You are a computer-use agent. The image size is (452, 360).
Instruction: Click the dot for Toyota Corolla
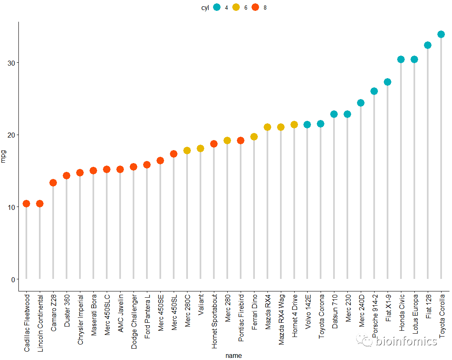pos(441,34)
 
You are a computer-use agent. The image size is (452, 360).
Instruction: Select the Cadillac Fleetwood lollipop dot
pos(26,204)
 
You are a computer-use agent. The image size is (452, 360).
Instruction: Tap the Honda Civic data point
pos(401,59)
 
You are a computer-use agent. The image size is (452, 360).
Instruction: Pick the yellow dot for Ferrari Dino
pos(254,137)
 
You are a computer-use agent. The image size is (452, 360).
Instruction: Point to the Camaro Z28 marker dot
pos(53,183)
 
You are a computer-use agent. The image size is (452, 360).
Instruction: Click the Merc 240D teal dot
pos(360,103)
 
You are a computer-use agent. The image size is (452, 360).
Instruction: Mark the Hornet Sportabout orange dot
pos(213,144)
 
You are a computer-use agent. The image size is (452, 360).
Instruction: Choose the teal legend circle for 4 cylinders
pos(217,7)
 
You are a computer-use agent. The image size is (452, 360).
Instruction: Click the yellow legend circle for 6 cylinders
pos(236,7)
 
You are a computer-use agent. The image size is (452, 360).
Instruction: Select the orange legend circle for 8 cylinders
pos(255,7)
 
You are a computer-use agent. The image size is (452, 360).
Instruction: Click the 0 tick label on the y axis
pos(13,279)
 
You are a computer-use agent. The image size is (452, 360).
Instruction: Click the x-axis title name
pos(233,355)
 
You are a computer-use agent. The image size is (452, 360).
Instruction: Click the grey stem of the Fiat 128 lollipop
pos(427,167)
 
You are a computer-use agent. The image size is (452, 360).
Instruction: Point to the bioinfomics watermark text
pos(406,341)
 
